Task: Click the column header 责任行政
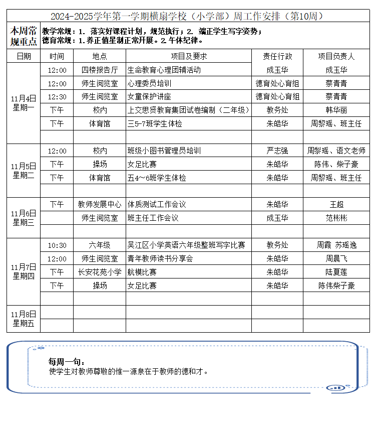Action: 277,56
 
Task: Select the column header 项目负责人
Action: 336,56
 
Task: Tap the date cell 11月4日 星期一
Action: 24,103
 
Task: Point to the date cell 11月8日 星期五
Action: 24,319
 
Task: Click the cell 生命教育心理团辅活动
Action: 164,70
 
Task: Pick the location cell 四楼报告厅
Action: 100,70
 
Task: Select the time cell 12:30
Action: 57,97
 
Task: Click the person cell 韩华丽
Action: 336,110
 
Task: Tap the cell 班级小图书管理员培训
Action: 164,151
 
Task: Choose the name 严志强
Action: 277,151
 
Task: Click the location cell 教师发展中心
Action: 100,204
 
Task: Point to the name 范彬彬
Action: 336,218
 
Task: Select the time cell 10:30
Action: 57,245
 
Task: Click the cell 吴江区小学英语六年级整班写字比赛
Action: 186,245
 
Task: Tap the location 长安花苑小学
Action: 100,272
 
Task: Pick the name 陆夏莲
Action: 336,272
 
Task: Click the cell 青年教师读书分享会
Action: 160,258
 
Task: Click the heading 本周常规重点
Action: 24,36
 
